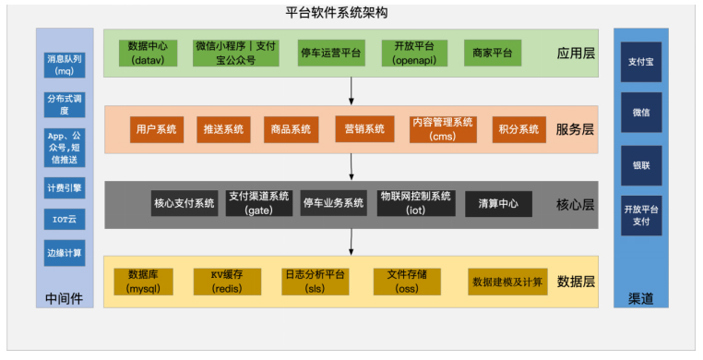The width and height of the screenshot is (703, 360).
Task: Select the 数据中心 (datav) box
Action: [147, 52]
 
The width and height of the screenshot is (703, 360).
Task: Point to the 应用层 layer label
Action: [576, 53]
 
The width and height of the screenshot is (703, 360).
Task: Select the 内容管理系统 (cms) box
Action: [443, 129]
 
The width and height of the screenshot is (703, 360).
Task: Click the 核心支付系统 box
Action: [185, 203]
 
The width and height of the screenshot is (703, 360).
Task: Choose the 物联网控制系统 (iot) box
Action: [414, 203]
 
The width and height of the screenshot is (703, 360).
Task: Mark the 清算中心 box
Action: [498, 203]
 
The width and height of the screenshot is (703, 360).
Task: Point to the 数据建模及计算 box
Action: [507, 282]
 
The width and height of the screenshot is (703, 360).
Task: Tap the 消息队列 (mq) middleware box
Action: [65, 65]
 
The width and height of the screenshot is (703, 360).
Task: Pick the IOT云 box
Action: [65, 220]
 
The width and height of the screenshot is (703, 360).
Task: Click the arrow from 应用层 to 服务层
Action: [351, 90]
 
